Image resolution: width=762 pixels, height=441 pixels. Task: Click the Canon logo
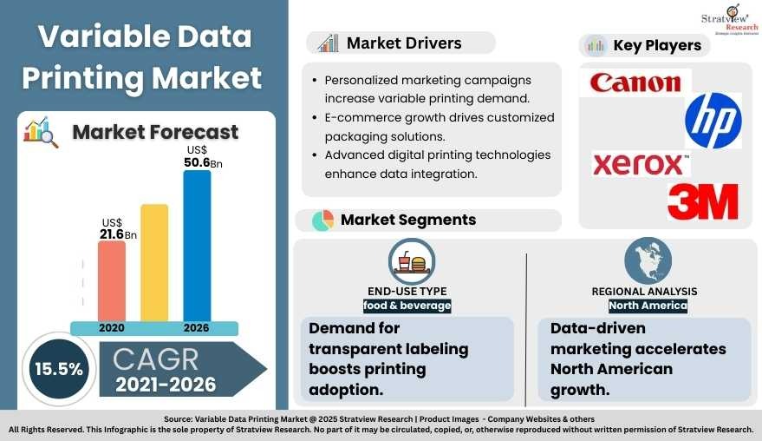[x=635, y=82]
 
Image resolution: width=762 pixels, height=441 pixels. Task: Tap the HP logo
[x=713, y=121]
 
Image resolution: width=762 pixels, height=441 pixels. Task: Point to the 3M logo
[x=702, y=201]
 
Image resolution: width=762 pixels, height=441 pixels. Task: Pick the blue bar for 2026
[x=197, y=246]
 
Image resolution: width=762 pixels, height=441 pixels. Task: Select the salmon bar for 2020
[x=111, y=280]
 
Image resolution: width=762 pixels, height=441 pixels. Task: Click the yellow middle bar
[x=154, y=262]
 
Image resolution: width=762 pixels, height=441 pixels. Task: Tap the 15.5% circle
[x=58, y=368]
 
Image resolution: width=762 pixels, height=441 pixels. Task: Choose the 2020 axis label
[x=111, y=329]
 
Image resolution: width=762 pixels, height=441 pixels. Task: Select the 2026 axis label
[x=197, y=329]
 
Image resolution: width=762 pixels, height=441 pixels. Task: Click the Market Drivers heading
[x=403, y=43]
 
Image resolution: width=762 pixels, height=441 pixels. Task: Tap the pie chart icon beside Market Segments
[x=322, y=220]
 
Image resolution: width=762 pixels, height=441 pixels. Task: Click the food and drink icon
[x=412, y=261]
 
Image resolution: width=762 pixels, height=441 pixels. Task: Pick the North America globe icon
[x=648, y=260]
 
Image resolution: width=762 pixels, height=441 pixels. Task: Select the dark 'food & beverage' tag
[x=407, y=306]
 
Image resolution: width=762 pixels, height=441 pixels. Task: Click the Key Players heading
[x=656, y=45]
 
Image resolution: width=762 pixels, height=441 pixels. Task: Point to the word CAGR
[x=155, y=358]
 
